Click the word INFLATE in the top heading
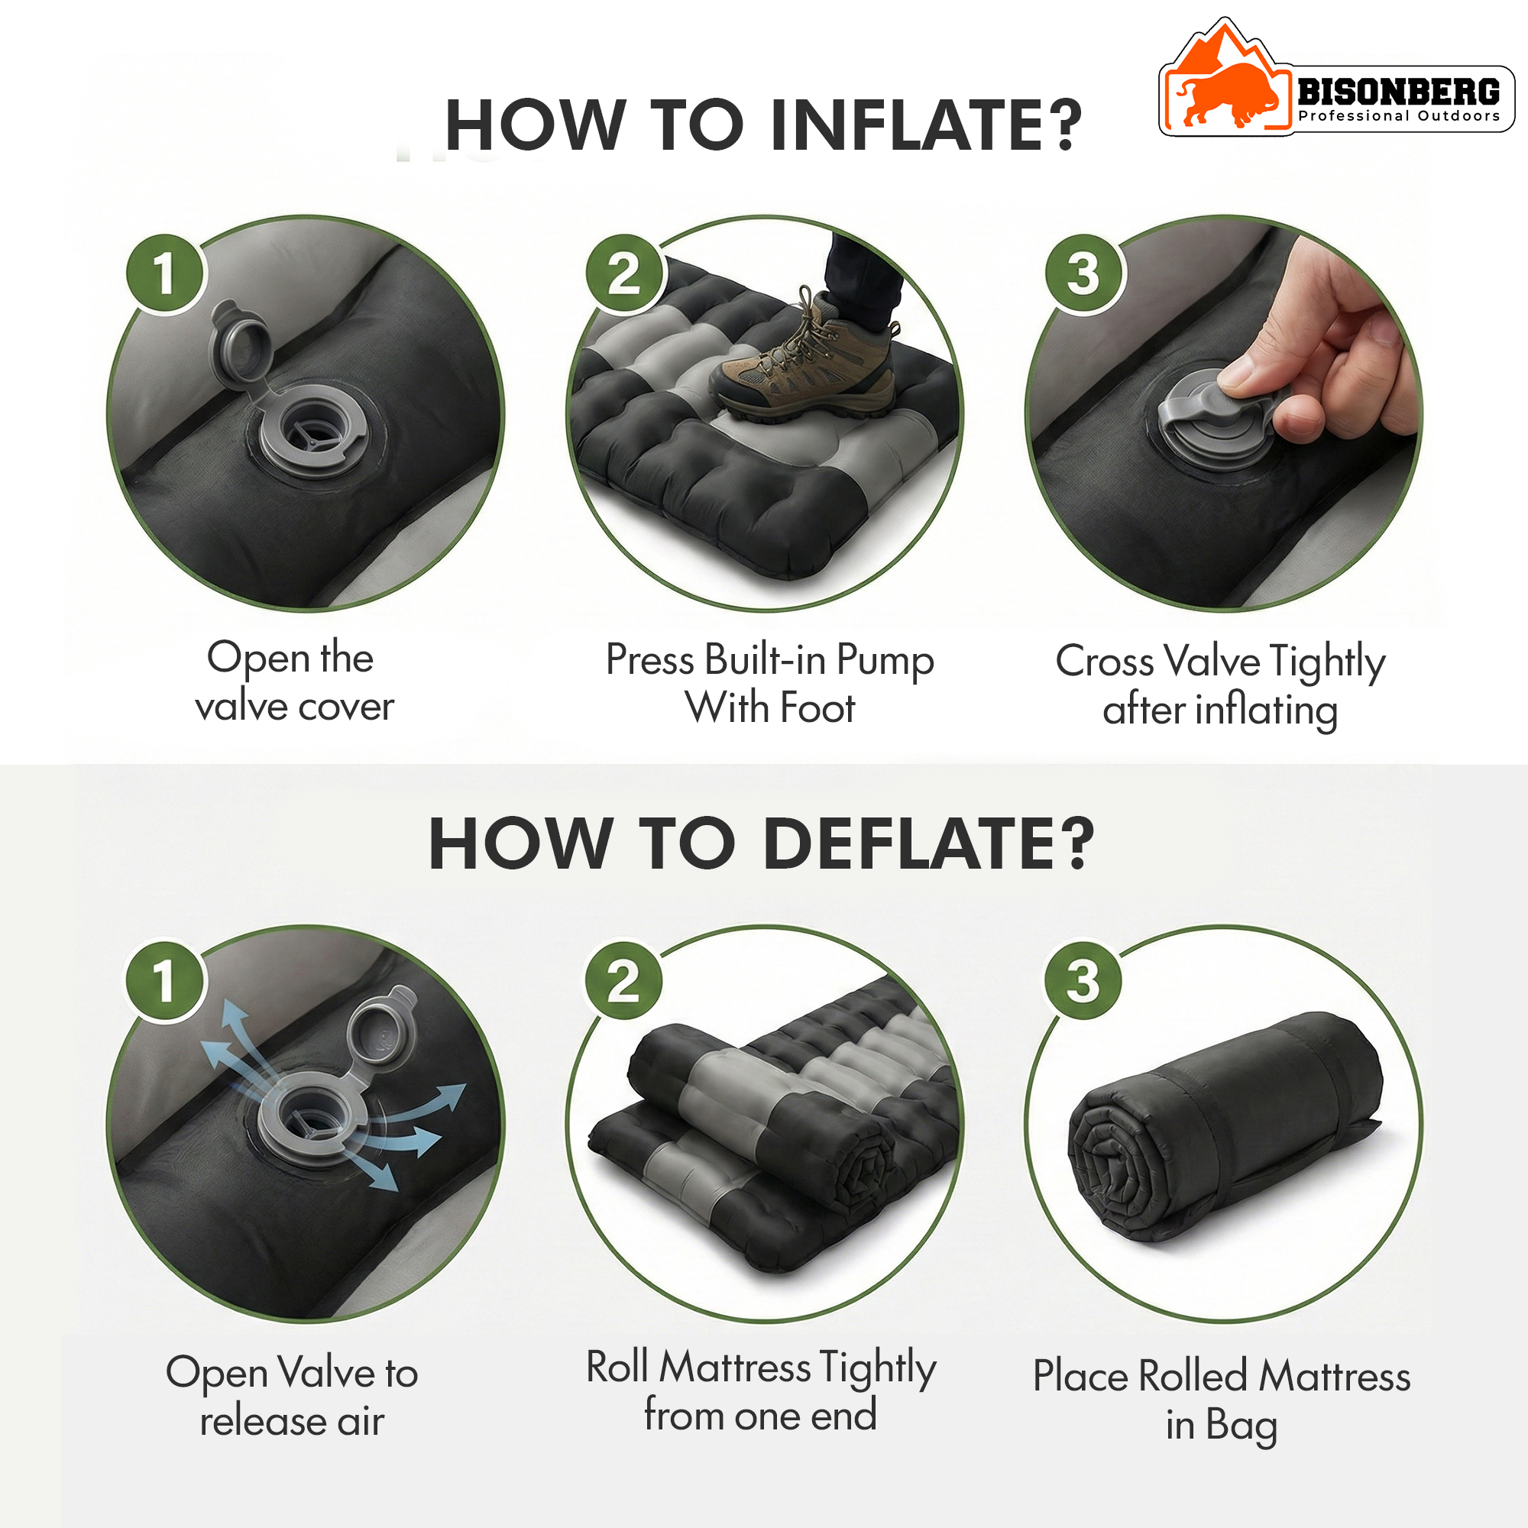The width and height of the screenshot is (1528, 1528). pyautogui.click(x=925, y=125)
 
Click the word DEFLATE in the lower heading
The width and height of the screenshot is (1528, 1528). pyautogui.click(x=929, y=844)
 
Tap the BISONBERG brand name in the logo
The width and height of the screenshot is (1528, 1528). pyautogui.click(x=1398, y=92)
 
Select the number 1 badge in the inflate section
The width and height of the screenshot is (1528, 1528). pyautogui.click(x=164, y=274)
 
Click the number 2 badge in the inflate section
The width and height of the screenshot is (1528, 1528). pyautogui.click(x=624, y=274)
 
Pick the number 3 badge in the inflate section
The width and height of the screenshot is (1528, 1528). pyautogui.click(x=1083, y=274)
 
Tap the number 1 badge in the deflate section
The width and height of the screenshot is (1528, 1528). pyautogui.click(x=164, y=981)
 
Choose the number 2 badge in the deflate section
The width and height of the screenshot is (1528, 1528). pyautogui.click(x=624, y=981)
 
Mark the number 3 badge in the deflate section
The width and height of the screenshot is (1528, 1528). pyautogui.click(x=1083, y=981)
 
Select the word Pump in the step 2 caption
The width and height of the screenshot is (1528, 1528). pyautogui.click(x=885, y=662)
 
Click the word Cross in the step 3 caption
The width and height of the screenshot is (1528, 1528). pyautogui.click(x=1105, y=661)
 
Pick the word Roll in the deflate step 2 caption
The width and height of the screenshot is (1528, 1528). pyautogui.click(x=617, y=1367)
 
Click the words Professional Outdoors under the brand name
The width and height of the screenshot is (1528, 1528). pyautogui.click(x=1399, y=116)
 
